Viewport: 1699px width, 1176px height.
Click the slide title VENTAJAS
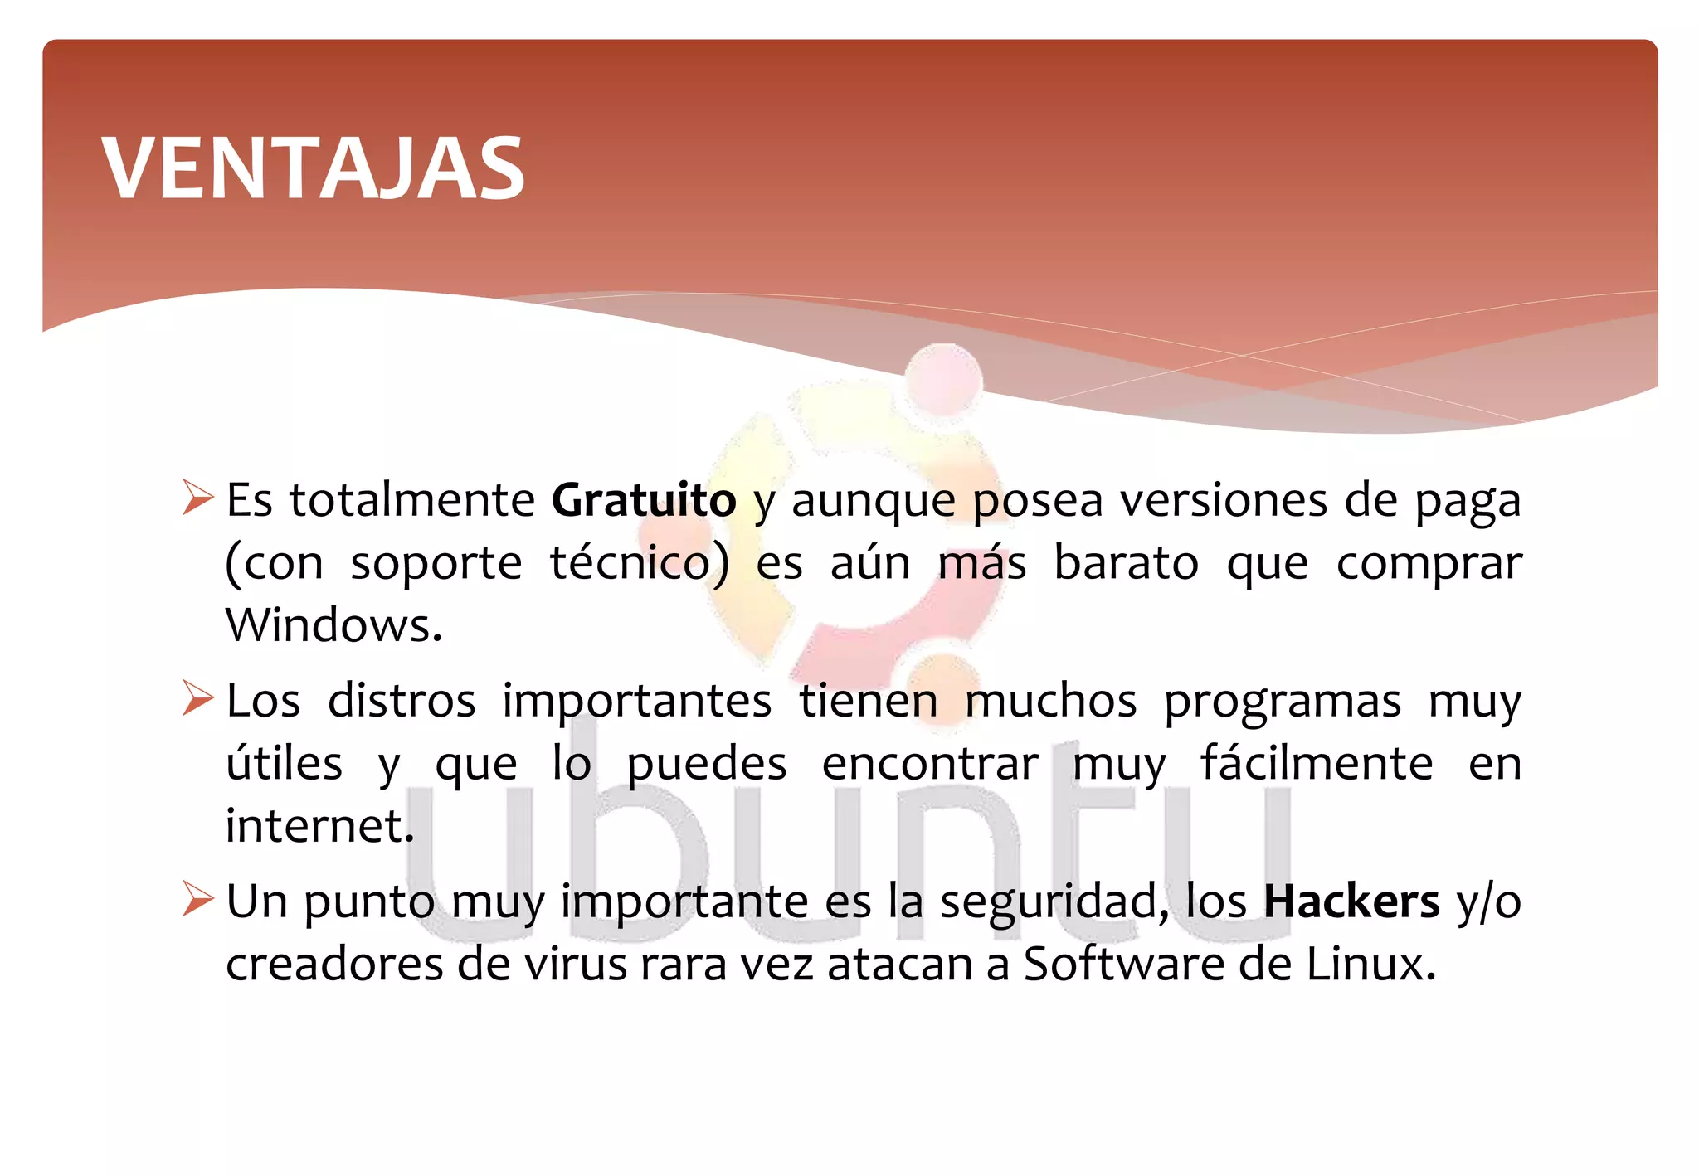313,169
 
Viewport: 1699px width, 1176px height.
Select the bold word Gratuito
644,500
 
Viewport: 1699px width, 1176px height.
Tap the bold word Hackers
1351,901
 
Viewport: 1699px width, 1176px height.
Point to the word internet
319,826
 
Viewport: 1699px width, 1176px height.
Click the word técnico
640,563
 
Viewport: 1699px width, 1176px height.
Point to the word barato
1126,563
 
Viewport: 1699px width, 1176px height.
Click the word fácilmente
1317,763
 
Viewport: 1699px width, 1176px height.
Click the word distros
402,701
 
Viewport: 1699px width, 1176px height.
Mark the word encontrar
930,764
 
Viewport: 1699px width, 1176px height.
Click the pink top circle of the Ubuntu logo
943,381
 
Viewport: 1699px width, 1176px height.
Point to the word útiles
284,763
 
